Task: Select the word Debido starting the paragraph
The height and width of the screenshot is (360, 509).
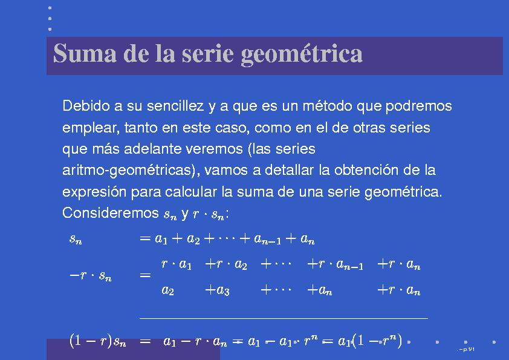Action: click(x=83, y=106)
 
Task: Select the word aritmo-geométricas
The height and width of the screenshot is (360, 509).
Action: click(x=132, y=171)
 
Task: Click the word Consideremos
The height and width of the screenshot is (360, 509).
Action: click(x=111, y=214)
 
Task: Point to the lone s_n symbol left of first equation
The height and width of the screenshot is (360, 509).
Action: click(x=76, y=240)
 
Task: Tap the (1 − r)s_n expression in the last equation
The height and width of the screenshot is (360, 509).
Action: click(x=97, y=342)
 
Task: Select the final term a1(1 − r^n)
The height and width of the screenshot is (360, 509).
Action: click(x=369, y=342)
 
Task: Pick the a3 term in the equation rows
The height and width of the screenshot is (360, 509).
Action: click(x=217, y=290)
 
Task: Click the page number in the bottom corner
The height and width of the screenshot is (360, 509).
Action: click(x=467, y=350)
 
